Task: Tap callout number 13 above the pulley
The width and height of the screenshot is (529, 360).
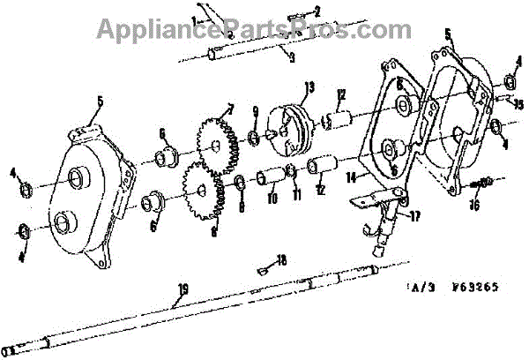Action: [x=309, y=86]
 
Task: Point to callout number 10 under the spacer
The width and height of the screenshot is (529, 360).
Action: [x=272, y=199]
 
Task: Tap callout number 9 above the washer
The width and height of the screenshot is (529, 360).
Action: [x=255, y=111]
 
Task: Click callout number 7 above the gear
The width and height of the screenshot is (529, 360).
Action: [x=230, y=109]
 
